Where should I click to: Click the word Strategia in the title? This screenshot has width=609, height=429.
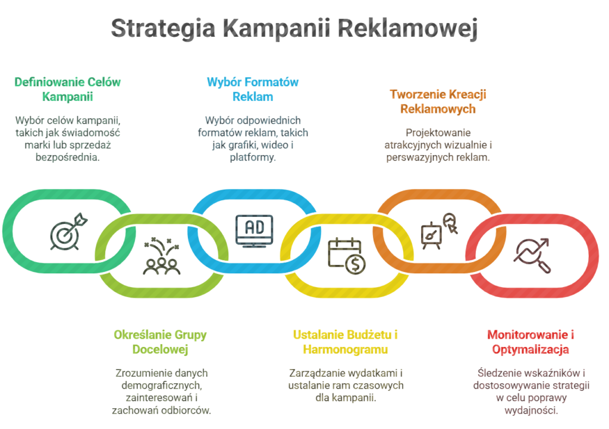[163, 29]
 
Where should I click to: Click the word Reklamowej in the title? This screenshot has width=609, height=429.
[407, 29]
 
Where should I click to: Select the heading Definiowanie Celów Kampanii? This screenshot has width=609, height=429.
[68, 89]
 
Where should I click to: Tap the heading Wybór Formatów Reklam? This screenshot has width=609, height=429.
[252, 89]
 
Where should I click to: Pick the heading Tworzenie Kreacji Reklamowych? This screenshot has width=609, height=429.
[438, 102]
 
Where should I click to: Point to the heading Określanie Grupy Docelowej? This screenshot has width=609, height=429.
[160, 342]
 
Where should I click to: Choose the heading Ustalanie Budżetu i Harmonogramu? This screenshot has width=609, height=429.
[346, 342]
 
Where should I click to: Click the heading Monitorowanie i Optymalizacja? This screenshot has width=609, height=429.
[530, 342]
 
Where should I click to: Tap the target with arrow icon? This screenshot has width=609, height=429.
[69, 231]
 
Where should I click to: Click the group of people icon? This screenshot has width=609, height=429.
[161, 256]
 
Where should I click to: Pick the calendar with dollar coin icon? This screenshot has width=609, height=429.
[347, 256]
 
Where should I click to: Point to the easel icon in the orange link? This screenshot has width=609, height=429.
[431, 236]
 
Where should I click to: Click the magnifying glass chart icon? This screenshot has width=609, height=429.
[532, 256]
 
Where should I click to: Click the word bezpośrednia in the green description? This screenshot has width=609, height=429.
[68, 157]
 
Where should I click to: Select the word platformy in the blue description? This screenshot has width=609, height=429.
[252, 157]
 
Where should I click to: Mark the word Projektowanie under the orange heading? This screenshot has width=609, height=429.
[438, 133]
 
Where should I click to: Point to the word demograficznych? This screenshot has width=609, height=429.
[161, 386]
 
